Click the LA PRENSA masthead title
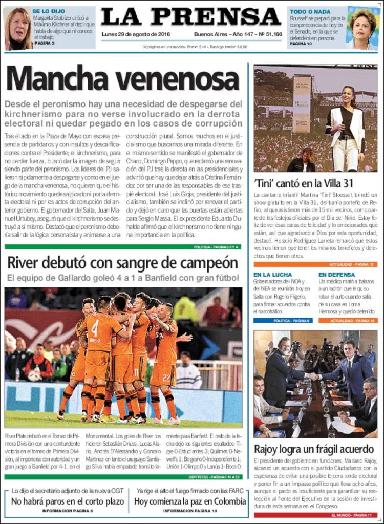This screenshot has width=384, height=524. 190,17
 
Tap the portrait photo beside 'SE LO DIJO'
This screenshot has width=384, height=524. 17,28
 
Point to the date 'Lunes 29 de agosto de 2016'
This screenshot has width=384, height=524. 136,34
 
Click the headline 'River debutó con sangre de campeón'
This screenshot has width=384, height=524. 122,263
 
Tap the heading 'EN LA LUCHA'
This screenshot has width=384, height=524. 273,275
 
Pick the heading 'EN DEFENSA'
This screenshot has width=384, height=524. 336,275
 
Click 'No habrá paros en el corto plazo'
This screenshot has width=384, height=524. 67,501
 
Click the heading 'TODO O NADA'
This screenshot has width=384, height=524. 310,11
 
